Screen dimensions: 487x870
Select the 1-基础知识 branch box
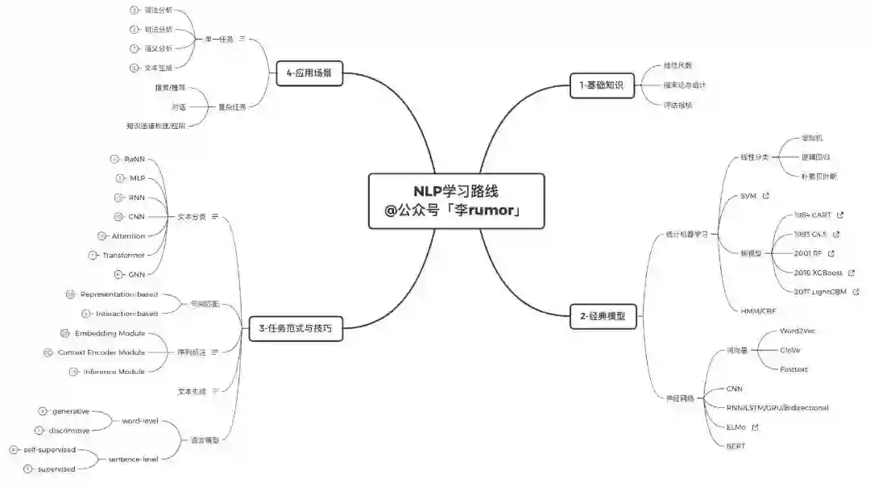602,85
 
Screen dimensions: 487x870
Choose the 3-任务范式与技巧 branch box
296,329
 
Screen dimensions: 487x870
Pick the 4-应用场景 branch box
309,73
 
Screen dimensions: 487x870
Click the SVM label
749,196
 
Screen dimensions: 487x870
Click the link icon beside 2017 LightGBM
855,292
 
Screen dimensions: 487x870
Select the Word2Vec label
798,331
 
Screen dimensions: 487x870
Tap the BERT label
736,446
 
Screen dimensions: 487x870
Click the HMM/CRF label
757,310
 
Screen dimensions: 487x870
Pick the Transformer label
123,256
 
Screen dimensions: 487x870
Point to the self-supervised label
49,449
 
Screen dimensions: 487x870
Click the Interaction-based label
126,314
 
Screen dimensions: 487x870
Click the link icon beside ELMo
755,427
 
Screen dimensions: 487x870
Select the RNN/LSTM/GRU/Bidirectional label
777,408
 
